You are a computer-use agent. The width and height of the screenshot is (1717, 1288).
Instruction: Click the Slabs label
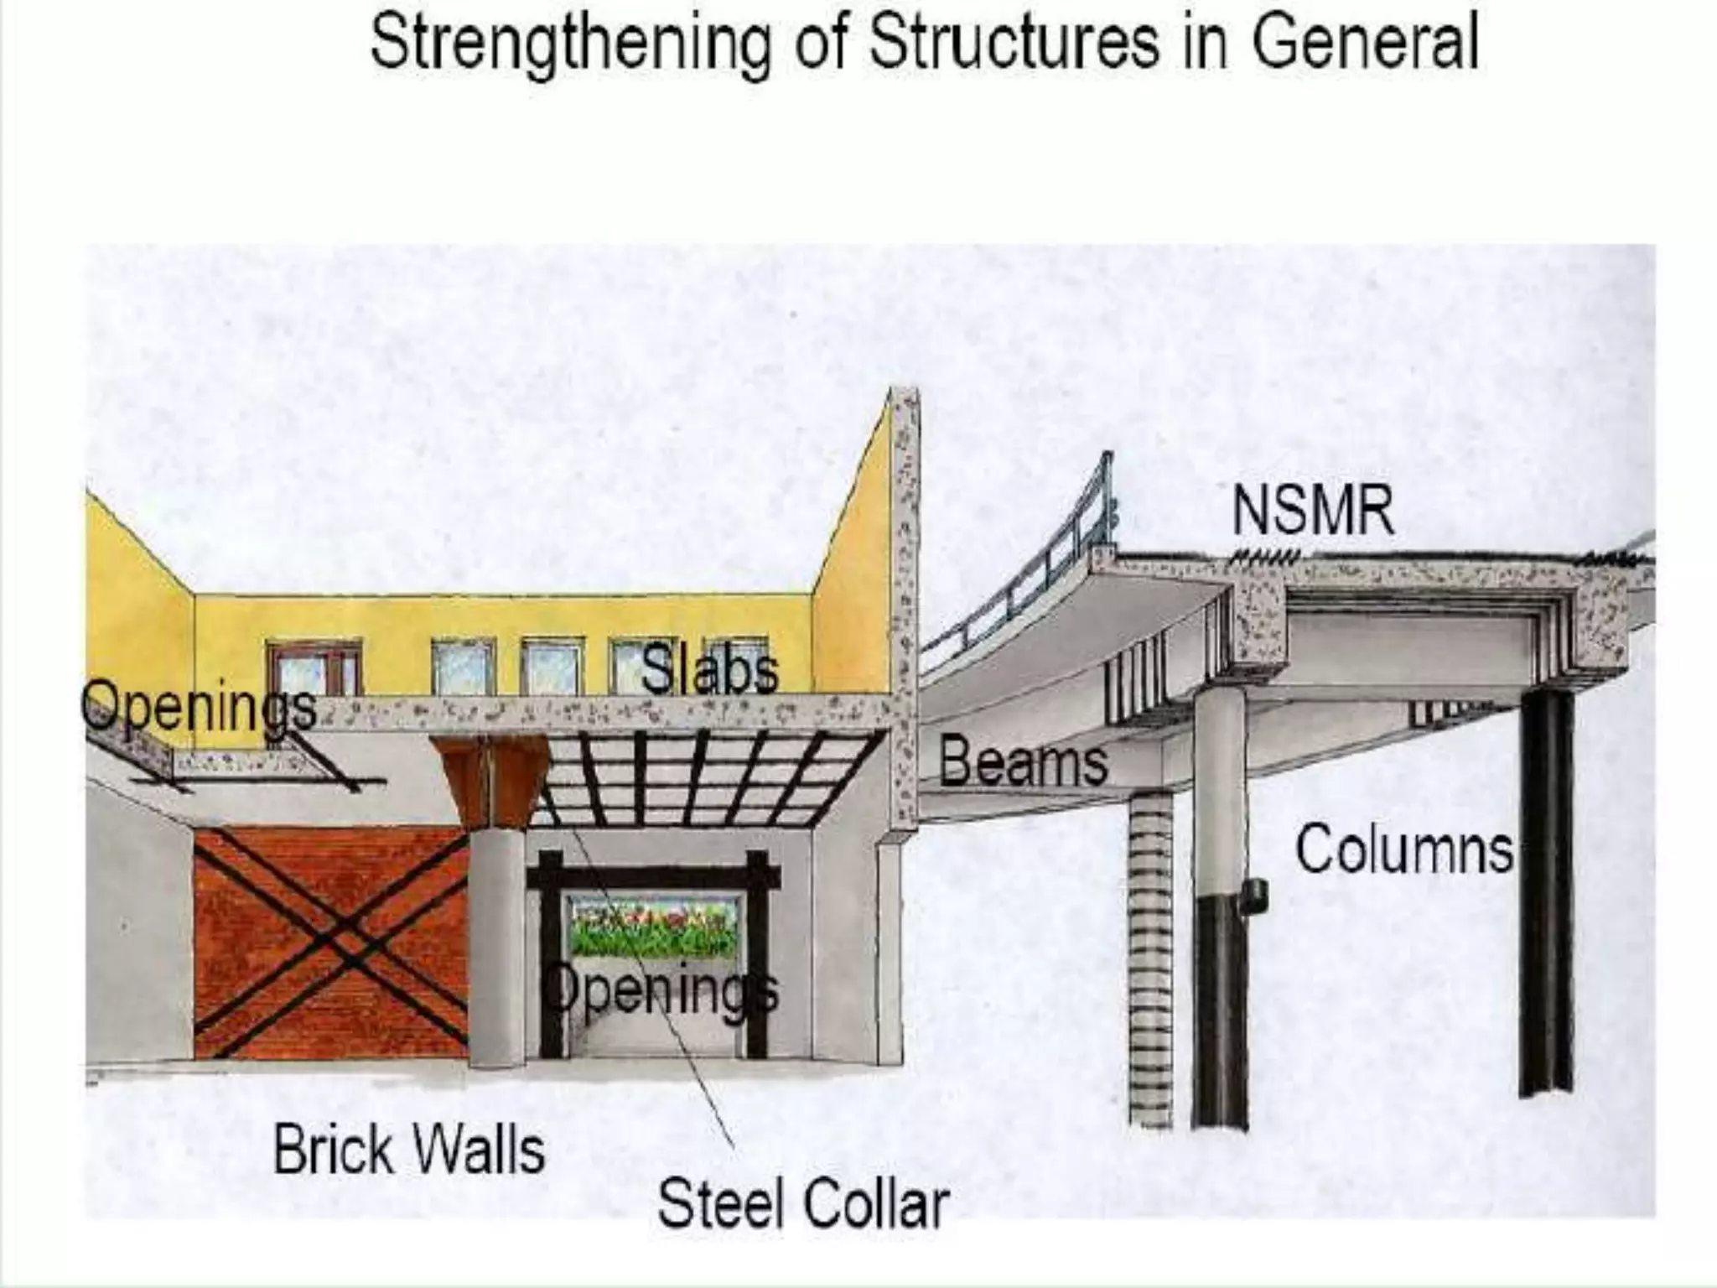(709, 672)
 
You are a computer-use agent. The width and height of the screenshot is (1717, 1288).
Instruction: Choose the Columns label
(1405, 849)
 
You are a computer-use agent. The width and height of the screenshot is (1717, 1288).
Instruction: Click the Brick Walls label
(409, 1150)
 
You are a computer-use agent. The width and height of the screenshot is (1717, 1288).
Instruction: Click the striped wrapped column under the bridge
(1150, 956)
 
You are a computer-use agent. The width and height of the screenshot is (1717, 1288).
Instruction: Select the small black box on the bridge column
(1255, 896)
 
